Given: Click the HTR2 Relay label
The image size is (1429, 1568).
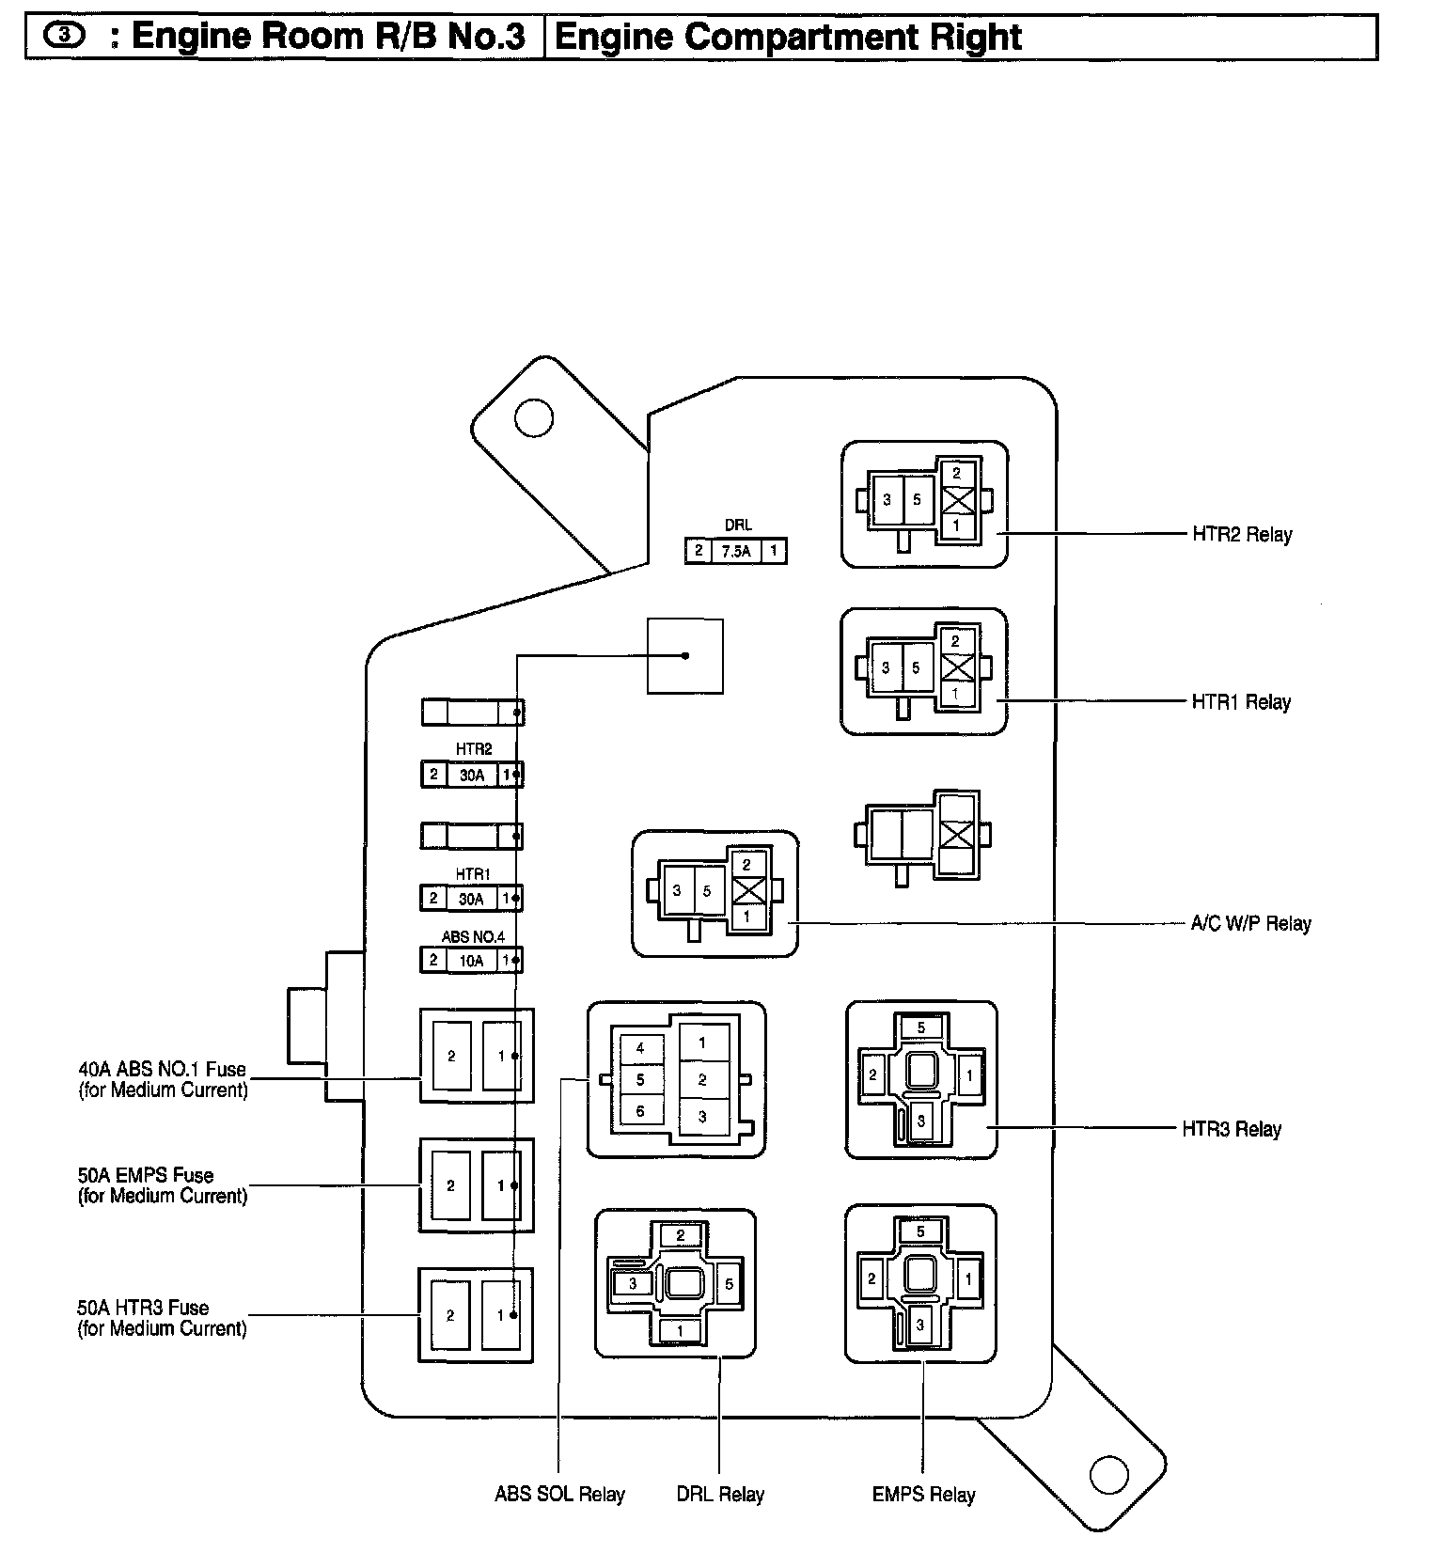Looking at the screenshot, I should (1241, 535).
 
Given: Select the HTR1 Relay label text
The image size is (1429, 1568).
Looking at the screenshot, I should (1240, 702).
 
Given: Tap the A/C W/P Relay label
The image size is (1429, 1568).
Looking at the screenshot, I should (1249, 924).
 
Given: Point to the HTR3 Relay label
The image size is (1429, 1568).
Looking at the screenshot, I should (1231, 1129).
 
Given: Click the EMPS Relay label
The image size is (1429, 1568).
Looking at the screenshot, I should (923, 1495).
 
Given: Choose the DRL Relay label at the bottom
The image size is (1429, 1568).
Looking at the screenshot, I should (719, 1495).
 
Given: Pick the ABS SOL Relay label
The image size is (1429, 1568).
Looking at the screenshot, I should (559, 1495).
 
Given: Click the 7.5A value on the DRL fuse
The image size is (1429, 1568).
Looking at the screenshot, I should (736, 552).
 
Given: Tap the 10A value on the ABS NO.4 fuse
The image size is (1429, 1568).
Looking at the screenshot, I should (471, 961).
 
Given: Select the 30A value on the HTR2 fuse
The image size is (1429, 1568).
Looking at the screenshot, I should (472, 776).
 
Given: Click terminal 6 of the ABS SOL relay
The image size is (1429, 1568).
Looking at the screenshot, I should (640, 1111).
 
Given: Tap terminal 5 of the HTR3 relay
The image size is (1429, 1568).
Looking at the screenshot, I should (920, 1027).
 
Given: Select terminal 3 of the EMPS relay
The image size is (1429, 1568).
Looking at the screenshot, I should (920, 1325).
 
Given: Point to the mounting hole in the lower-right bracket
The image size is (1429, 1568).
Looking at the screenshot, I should (1107, 1474).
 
